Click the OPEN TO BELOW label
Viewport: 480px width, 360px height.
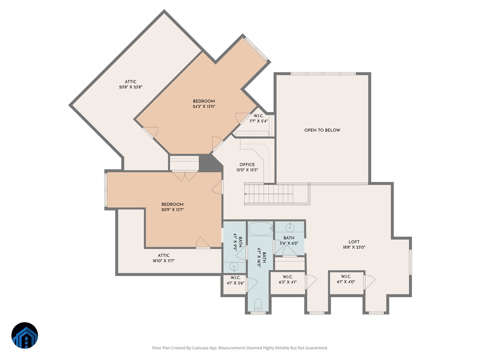pyautogui.click(x=322, y=130)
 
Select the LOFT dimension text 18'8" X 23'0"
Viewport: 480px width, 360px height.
pyautogui.click(x=354, y=247)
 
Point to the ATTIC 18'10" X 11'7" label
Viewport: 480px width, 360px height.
pyautogui.click(x=163, y=258)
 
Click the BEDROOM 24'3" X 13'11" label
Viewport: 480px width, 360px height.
pyautogui.click(x=204, y=104)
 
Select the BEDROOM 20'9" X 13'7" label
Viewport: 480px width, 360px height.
pyautogui.click(x=172, y=207)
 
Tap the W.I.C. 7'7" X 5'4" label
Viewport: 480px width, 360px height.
pyautogui.click(x=258, y=118)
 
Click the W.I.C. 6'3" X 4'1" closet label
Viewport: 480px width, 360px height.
pyautogui.click(x=288, y=279)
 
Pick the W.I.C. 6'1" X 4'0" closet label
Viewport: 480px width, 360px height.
pyautogui.click(x=346, y=279)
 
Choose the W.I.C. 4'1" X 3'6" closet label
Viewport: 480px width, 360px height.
pyautogui.click(x=235, y=280)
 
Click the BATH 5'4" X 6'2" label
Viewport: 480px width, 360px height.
pyautogui.click(x=289, y=240)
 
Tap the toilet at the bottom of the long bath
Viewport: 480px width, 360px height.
pyautogui.click(x=258, y=305)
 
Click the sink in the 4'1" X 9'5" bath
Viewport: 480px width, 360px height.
pyautogui.click(x=234, y=267)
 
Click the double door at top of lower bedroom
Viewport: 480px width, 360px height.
pyautogui.click(x=184, y=176)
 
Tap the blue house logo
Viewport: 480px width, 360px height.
pyautogui.click(x=24, y=335)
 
